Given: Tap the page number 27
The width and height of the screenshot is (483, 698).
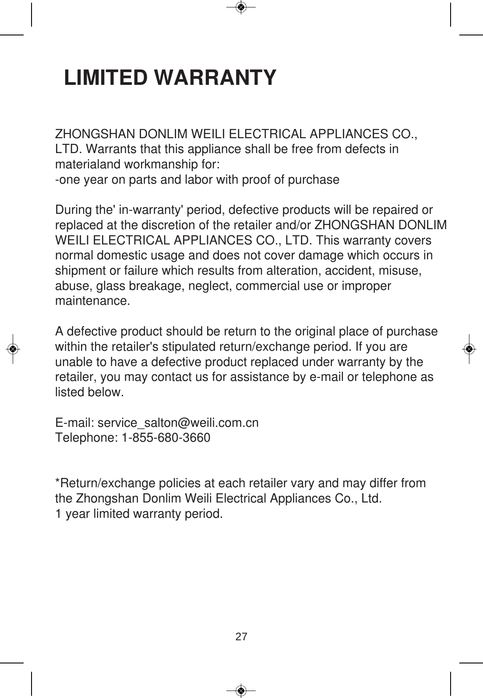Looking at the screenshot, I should (241, 636).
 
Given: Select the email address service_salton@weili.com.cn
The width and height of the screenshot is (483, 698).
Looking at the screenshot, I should (178, 423).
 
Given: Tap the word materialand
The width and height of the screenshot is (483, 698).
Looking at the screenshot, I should (88, 165).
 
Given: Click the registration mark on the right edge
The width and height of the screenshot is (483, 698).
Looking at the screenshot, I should (469, 349).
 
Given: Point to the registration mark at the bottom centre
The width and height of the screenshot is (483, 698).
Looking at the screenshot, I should (241, 691).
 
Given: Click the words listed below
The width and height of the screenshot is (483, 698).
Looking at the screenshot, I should (89, 392).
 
